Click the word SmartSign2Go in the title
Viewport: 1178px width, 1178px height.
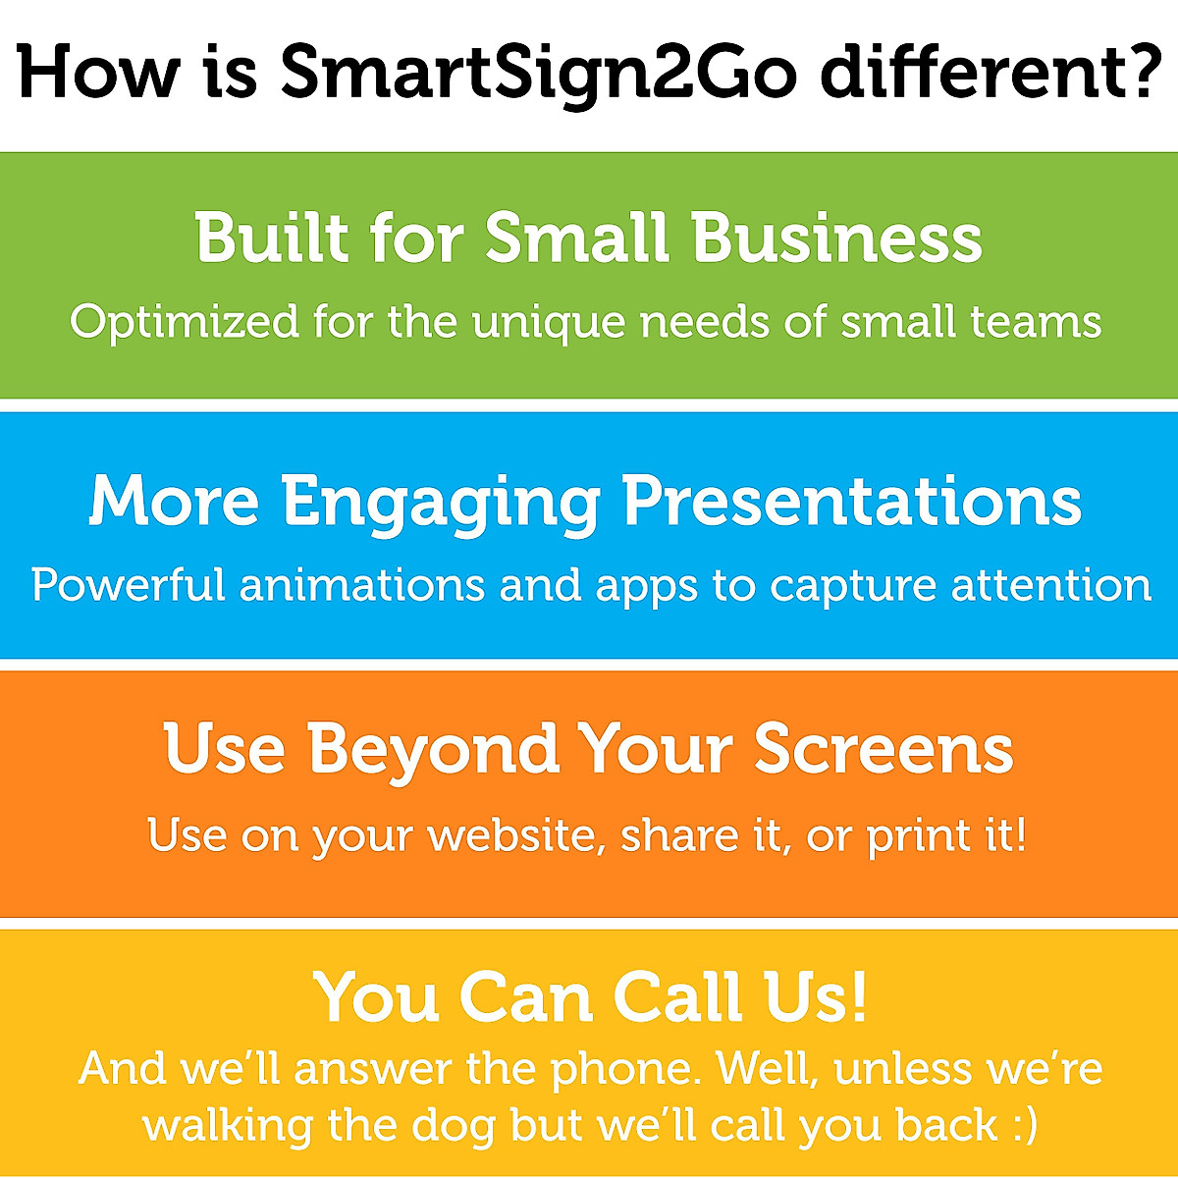(537, 75)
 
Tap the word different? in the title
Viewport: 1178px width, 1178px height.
(990, 73)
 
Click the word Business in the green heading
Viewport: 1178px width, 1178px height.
(836, 238)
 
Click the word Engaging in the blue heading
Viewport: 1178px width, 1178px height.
(441, 503)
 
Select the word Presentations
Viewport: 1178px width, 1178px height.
(852, 501)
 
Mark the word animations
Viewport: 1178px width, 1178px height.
(361, 585)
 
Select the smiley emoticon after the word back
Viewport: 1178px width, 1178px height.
(1023, 1125)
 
